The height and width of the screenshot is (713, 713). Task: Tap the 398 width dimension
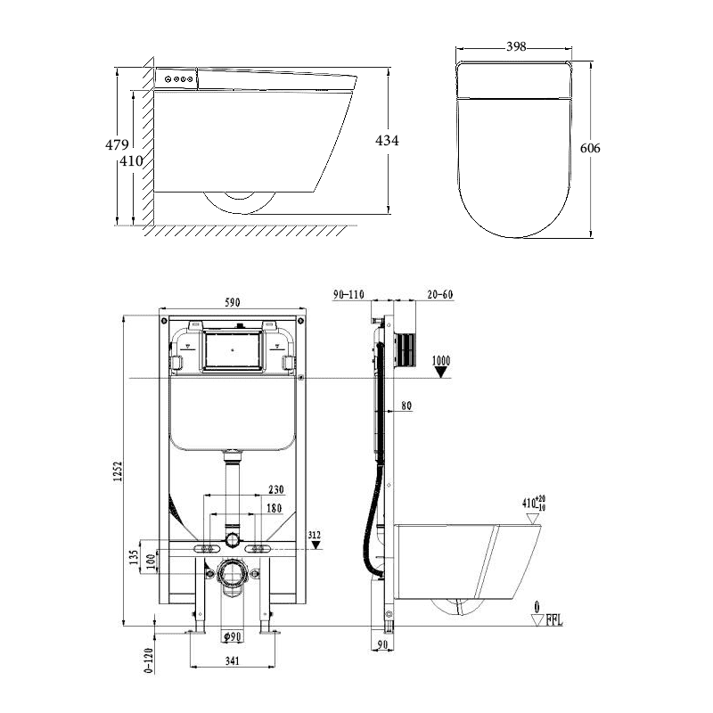point(512,45)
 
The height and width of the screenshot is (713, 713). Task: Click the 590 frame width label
point(232,303)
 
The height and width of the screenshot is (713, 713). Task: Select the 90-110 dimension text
point(348,295)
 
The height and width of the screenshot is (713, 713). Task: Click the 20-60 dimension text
point(441,295)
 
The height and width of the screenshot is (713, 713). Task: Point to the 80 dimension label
point(406,406)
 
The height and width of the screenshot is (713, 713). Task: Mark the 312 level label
point(314,535)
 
